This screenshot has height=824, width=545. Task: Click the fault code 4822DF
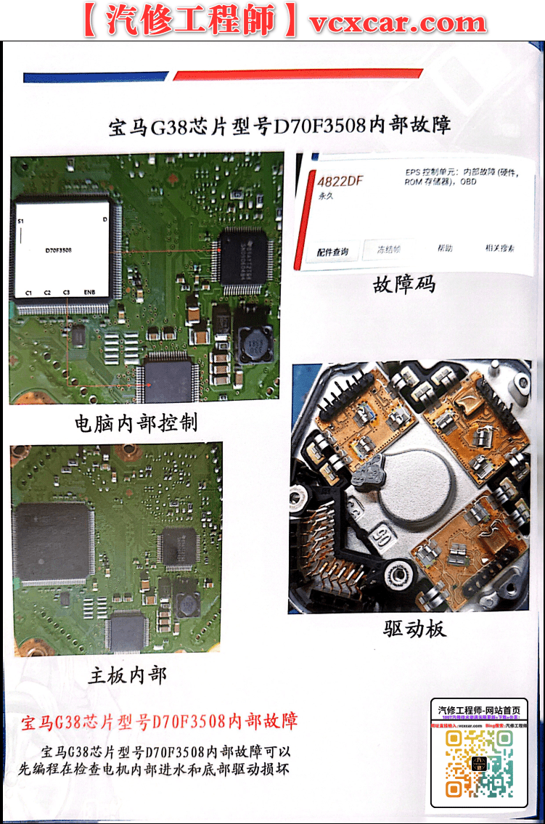pos(340,181)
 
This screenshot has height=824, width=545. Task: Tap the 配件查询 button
pos(332,252)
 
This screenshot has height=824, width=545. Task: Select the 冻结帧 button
pos(388,249)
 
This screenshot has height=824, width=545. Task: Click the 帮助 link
pos(445,248)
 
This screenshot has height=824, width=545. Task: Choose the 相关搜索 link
pos(500,248)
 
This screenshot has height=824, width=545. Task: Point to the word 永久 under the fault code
pos(326,197)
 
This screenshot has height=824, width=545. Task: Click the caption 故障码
pos(404,285)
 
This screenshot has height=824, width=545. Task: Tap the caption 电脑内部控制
pos(136,423)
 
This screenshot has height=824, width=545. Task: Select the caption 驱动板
pos(414,629)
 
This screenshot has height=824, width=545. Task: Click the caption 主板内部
pos(128,676)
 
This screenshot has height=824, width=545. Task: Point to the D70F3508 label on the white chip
pos(58,250)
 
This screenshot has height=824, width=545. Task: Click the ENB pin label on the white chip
pos(89,292)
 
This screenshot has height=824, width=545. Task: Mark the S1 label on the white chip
pos(21,219)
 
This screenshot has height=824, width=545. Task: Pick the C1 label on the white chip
pos(29,292)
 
